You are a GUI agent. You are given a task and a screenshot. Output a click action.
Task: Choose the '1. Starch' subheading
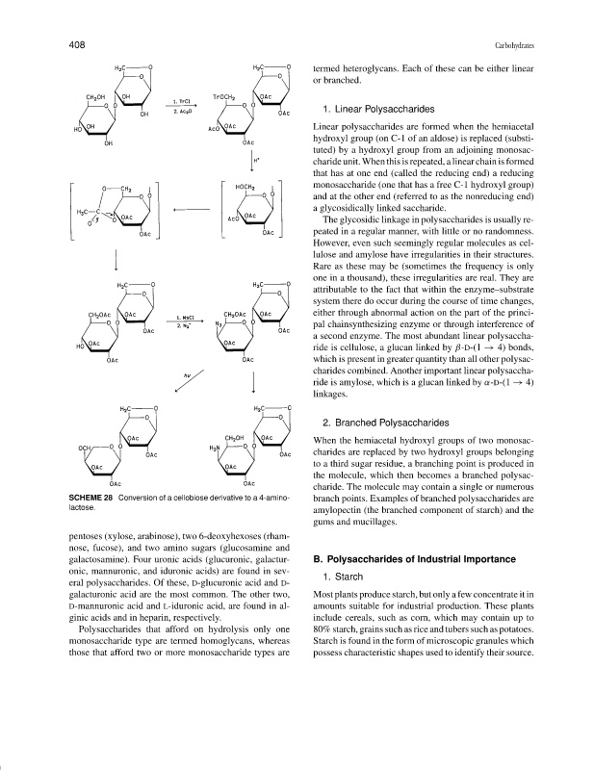(346, 578)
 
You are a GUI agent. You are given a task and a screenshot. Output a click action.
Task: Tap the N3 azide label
(220, 324)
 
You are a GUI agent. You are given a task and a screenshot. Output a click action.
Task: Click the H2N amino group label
(215, 447)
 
